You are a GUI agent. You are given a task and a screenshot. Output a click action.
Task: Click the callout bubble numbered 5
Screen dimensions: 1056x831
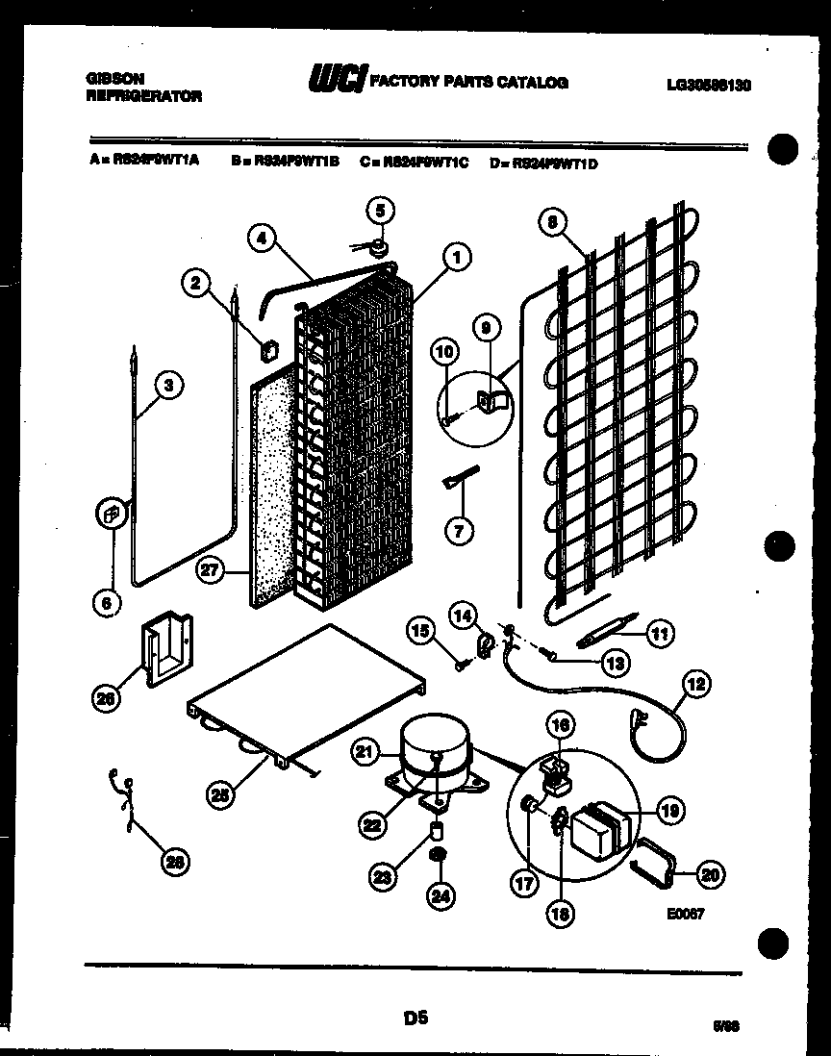coord(380,210)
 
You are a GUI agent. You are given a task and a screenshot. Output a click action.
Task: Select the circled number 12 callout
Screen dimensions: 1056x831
coord(695,684)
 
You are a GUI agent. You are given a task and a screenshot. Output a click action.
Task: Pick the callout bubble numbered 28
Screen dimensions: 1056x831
coord(173,863)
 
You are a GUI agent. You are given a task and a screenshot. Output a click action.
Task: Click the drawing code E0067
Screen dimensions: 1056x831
coord(685,914)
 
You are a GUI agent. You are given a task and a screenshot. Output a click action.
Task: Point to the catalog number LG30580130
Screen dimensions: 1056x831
coord(708,85)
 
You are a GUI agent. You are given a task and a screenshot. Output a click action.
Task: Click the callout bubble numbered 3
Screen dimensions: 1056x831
coord(168,386)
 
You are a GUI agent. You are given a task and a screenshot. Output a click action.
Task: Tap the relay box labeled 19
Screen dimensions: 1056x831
coord(599,830)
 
